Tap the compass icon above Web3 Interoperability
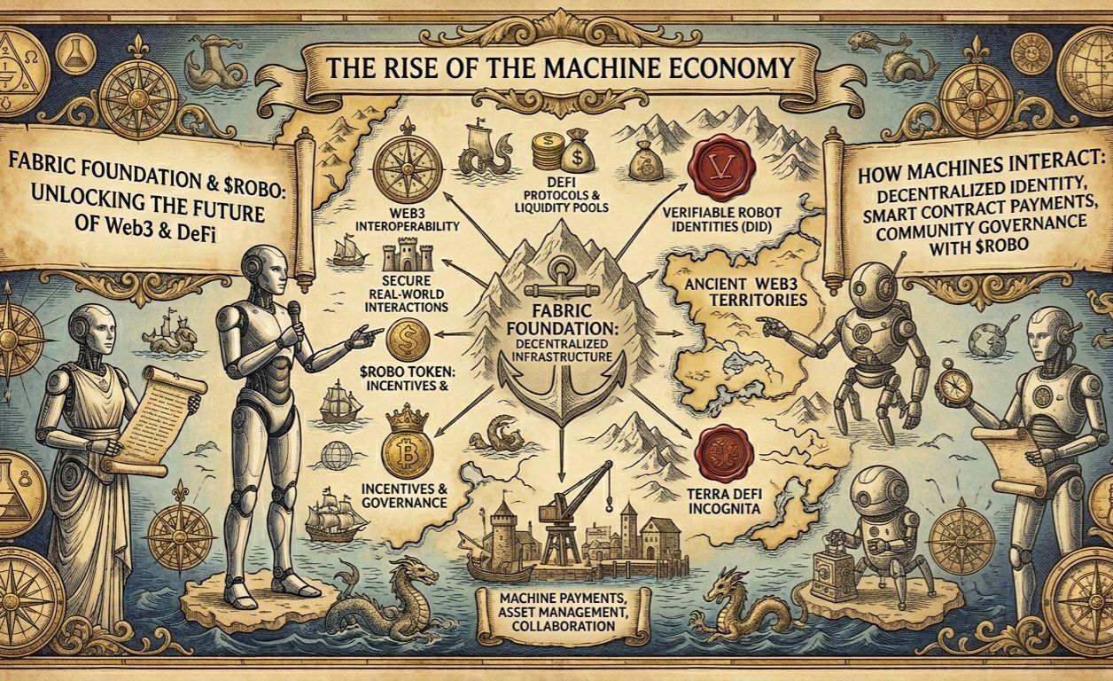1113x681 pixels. pos(401,168)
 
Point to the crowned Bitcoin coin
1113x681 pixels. pos(407,446)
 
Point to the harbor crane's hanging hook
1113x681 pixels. pos(609,504)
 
